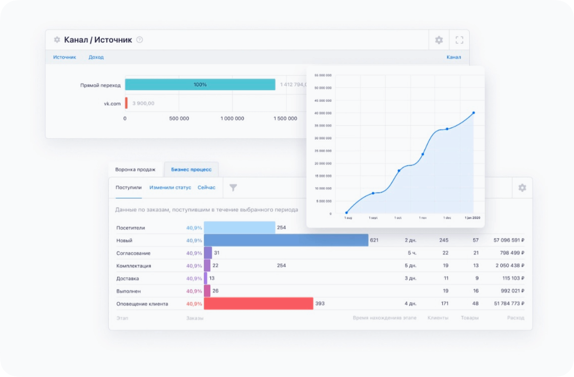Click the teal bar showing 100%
click(200, 85)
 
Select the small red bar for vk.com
click(127, 103)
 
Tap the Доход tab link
click(96, 57)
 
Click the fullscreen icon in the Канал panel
click(459, 40)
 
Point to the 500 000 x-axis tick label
click(179, 119)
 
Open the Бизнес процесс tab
click(191, 170)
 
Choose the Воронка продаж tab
click(135, 170)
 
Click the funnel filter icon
click(233, 188)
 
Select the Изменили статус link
click(170, 188)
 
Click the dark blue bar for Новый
click(286, 240)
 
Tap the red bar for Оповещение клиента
click(258, 304)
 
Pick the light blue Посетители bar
click(239, 227)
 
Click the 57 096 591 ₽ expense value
click(509, 240)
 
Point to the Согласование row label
click(133, 253)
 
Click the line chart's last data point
click(474, 113)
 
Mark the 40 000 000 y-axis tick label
click(323, 113)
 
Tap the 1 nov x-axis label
click(423, 218)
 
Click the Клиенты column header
click(438, 318)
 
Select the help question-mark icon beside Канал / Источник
click(140, 40)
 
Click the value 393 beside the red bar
click(320, 303)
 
